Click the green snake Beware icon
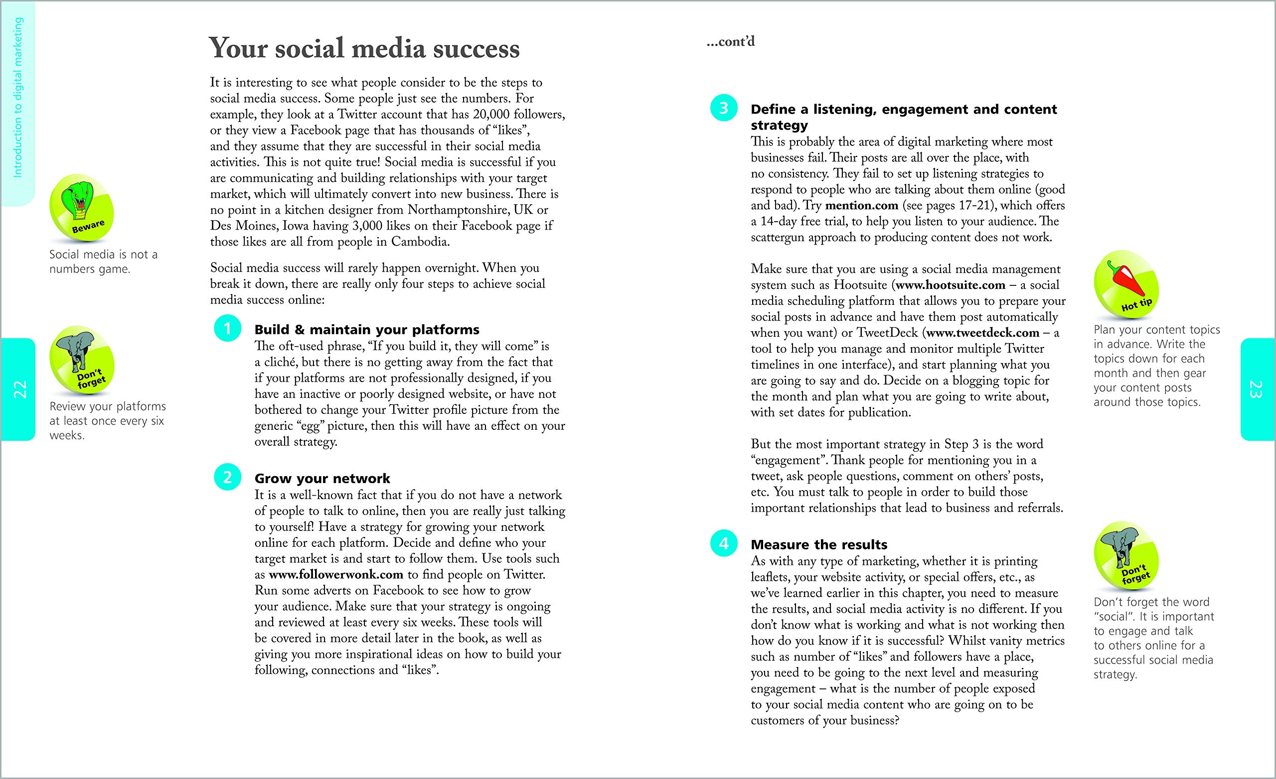tap(81, 208)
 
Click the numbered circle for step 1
tap(227, 328)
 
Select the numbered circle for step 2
tap(227, 477)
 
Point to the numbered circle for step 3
tap(723, 108)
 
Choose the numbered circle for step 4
tap(723, 543)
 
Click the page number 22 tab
tap(18, 389)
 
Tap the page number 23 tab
tap(1258, 389)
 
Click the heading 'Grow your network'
tap(322, 478)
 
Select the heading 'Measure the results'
tap(819, 544)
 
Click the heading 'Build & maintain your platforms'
tap(367, 330)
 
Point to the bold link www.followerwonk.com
tap(335, 575)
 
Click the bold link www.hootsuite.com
tap(950, 285)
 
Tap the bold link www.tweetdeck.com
tap(982, 333)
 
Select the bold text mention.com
tap(861, 206)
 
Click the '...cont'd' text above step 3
tap(731, 42)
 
